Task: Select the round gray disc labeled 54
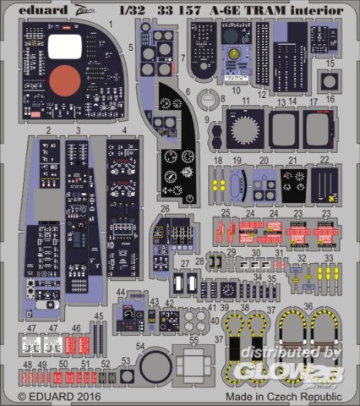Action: [x=153, y=369]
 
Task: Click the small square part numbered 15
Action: [x=329, y=81]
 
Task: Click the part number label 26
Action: [x=165, y=209]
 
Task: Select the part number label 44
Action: [x=122, y=293]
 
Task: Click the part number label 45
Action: [x=100, y=317]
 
